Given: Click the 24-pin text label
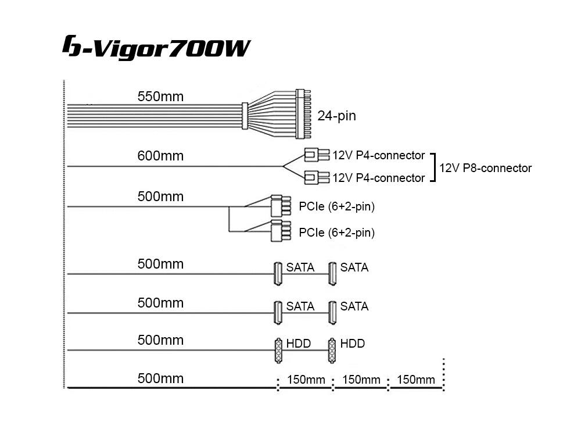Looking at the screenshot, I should [336, 116].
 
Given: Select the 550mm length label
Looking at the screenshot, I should [160, 97].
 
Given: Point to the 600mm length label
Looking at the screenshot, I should [160, 156].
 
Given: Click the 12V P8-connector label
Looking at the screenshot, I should [486, 168].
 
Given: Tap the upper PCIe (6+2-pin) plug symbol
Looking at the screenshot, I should [276, 206].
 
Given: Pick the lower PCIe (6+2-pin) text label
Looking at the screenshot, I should [336, 233].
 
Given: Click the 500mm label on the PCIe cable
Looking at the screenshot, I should [160, 196].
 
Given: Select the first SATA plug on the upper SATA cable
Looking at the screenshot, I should [278, 273].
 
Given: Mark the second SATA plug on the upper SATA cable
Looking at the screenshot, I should [332, 273].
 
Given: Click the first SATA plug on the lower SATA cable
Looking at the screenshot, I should [278, 312].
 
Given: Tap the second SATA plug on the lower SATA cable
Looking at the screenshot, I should [332, 312].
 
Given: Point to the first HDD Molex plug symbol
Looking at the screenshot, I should [278, 350].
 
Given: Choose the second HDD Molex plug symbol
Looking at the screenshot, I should [332, 350].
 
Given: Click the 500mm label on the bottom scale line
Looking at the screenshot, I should [160, 378].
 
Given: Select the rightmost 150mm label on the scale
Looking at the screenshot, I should [416, 380].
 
